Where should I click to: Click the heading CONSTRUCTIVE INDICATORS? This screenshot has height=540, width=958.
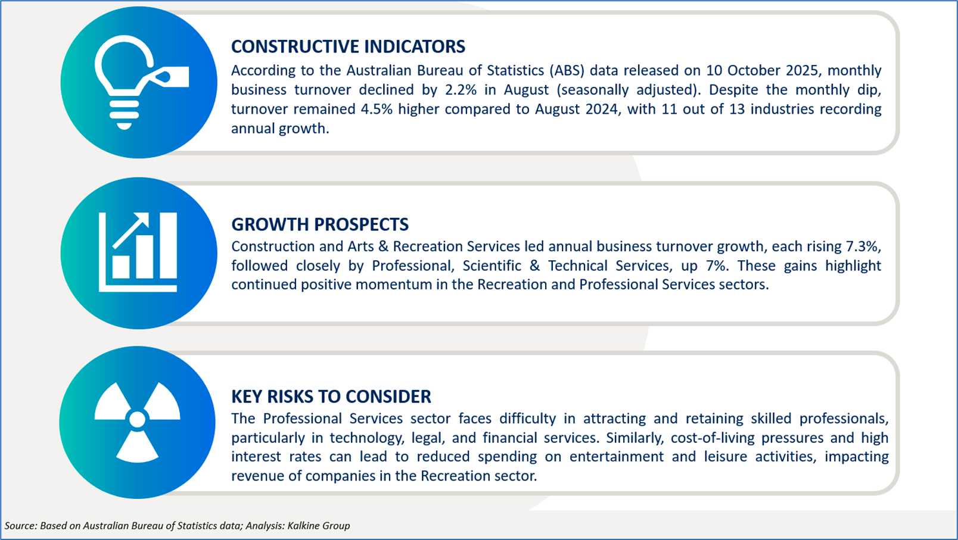tap(348, 46)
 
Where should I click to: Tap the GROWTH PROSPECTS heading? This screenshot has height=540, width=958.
tap(320, 224)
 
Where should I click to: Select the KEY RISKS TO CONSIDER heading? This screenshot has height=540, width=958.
tap(331, 397)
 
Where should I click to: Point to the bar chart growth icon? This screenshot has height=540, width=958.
tap(138, 252)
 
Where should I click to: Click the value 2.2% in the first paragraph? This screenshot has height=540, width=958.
tap(461, 90)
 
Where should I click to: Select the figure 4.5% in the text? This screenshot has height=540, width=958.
tap(377, 109)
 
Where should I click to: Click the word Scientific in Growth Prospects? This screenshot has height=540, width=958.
tap(492, 266)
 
